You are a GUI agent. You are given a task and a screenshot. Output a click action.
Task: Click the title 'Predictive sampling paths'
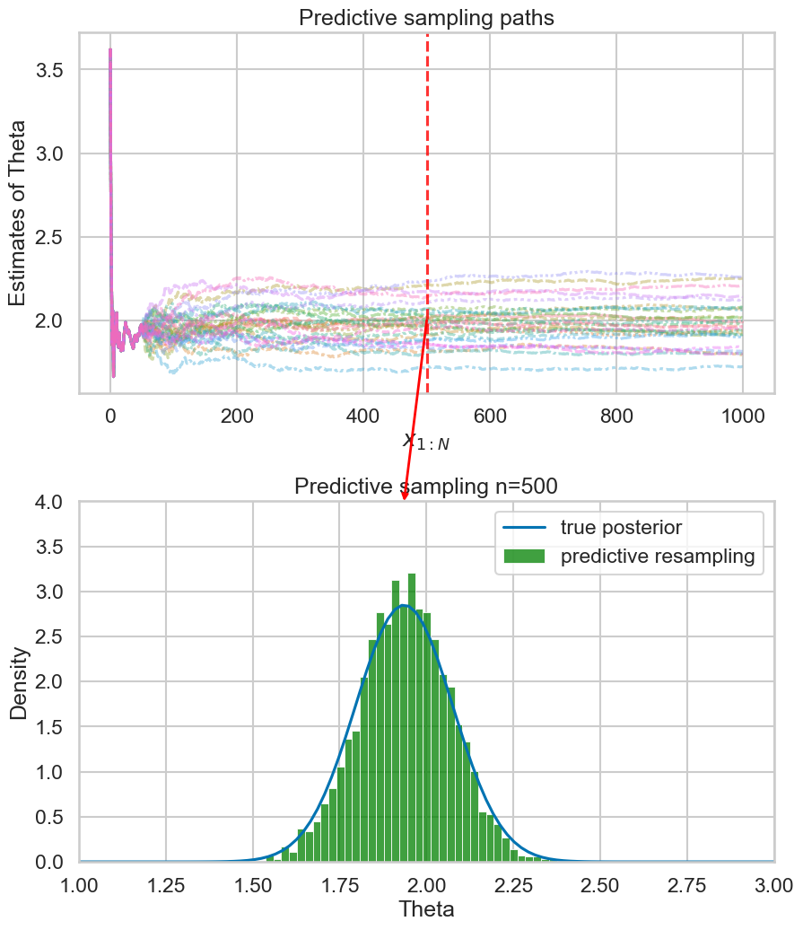[426, 17]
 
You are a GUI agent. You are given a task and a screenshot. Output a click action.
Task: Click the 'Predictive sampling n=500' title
[426, 487]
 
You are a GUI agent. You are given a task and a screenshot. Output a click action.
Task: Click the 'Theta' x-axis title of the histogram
[426, 908]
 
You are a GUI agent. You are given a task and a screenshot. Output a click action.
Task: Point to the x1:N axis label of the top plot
[426, 442]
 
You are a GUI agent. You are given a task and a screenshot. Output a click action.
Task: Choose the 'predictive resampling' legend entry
[658, 557]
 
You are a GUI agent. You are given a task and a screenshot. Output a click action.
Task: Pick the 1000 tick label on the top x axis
[742, 417]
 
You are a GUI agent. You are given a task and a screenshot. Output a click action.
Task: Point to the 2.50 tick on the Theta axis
[600, 884]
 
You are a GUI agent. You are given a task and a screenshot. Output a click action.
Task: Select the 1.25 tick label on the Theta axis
[166, 884]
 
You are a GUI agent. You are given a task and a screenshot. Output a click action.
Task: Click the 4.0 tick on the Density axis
[50, 503]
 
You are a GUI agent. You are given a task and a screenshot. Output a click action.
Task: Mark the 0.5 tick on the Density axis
[50, 817]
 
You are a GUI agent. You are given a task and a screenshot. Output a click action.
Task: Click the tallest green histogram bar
[411, 718]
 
